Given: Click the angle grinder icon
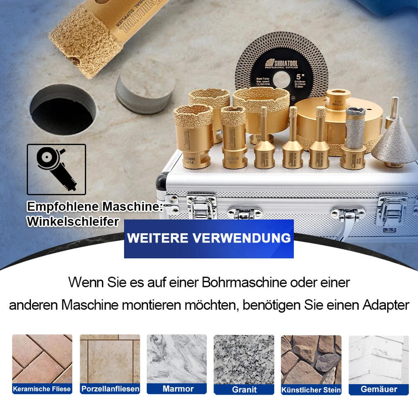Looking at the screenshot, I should tap(56, 169).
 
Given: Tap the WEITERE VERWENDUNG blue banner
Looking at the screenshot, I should tap(209, 239).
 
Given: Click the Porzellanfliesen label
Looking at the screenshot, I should tap(110, 389).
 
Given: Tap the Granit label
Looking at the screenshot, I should tap(244, 389).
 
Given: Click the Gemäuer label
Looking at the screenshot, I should tap(379, 389).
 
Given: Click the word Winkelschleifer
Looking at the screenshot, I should tap(73, 221).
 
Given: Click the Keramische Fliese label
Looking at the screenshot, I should tap(42, 389).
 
